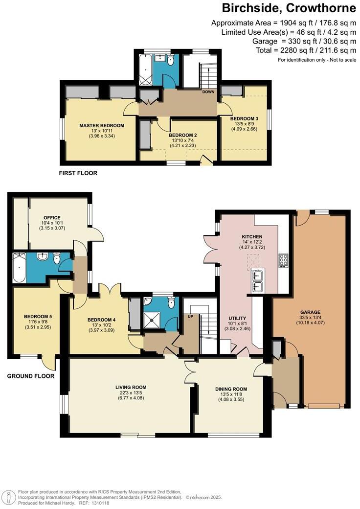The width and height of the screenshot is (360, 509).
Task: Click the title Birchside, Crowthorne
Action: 289,8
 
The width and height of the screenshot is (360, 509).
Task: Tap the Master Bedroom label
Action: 102,126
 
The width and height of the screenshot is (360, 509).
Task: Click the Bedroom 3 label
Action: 244,119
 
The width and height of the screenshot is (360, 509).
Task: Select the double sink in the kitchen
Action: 258,281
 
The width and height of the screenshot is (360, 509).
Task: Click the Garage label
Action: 310,312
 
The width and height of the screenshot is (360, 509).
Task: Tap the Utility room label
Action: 237,318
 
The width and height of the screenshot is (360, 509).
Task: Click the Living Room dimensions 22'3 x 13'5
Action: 129,393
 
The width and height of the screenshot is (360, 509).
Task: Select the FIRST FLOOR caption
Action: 78,173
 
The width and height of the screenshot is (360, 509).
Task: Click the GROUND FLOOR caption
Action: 31,376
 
